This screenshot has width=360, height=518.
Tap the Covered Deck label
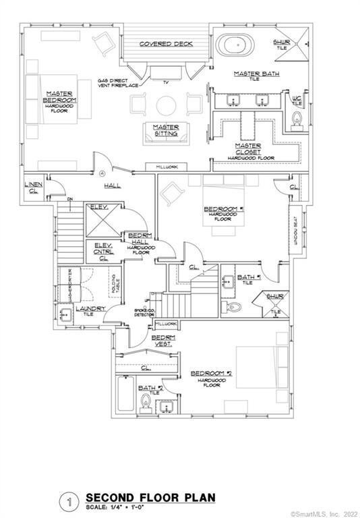pos(166,44)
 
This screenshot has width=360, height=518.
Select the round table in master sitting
pos(165,105)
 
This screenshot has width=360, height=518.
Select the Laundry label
pos(89,308)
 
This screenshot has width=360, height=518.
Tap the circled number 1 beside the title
pos(69,501)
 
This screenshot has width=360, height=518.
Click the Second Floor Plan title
pos(150,498)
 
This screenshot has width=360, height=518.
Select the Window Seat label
pos(295,229)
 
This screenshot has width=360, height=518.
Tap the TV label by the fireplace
pos(164,82)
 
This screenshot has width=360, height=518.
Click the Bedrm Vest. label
pos(161,339)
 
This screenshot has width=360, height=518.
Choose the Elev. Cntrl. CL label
pos(103,252)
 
